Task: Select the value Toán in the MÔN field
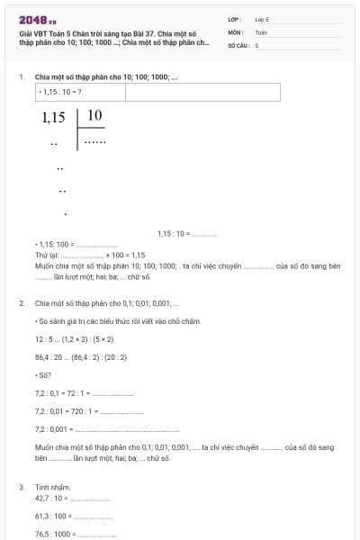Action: [262, 31]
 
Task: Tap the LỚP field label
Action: [235, 19]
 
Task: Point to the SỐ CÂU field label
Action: [238, 44]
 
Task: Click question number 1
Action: [21, 77]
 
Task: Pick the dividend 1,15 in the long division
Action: [54, 117]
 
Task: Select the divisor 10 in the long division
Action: [94, 115]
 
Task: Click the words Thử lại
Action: [46, 255]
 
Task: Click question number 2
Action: [21, 303]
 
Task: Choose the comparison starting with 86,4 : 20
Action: [80, 357]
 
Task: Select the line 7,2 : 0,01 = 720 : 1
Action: [63, 411]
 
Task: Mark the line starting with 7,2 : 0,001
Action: [54, 429]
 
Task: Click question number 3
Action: [21, 487]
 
